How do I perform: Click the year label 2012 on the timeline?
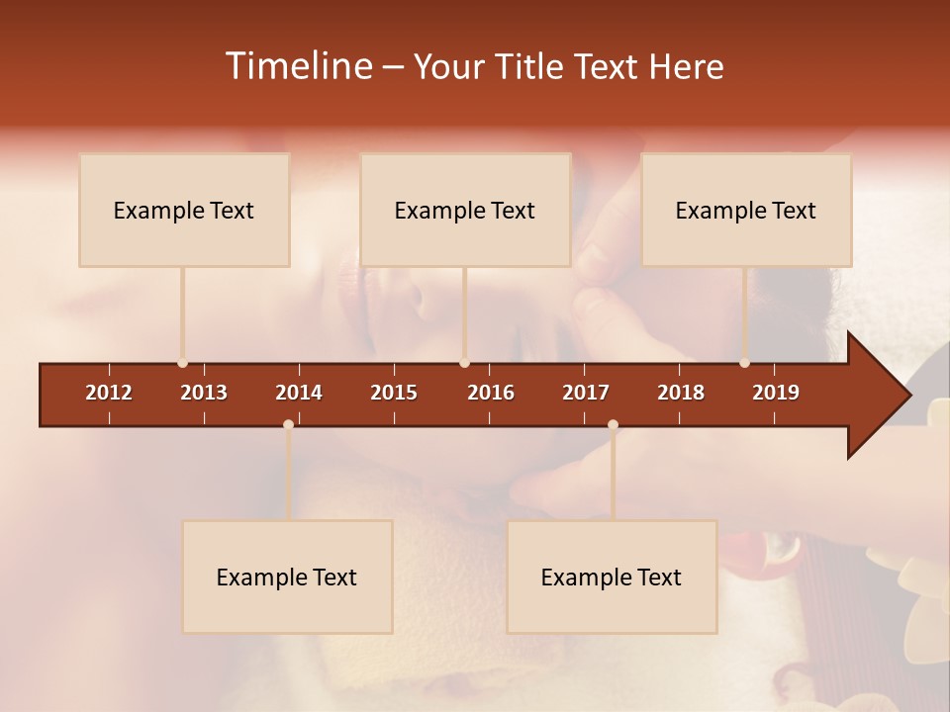tap(109, 393)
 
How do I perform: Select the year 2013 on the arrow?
tap(204, 393)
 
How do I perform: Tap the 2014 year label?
tap(299, 393)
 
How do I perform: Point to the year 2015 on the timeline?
tap(394, 393)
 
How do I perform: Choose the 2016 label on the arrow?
tap(491, 393)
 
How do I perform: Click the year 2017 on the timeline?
tap(586, 393)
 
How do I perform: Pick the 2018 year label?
tap(681, 393)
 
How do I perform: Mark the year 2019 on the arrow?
tap(776, 393)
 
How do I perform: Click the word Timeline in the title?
tap(298, 66)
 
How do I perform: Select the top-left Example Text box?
tap(184, 210)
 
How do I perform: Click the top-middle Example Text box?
tap(465, 210)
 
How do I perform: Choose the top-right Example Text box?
tap(746, 210)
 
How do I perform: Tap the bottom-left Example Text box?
tap(287, 577)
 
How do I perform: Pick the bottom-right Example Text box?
tap(612, 577)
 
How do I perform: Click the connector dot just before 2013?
tap(182, 363)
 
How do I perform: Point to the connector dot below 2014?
tap(288, 424)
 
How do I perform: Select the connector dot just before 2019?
tap(744, 363)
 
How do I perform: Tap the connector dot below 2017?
tap(613, 424)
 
